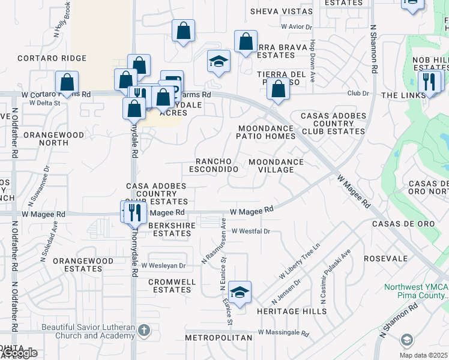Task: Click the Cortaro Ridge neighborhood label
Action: (52, 58)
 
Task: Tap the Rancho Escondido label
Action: (214, 166)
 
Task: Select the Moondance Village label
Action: (276, 166)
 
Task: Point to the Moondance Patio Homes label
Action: (267, 132)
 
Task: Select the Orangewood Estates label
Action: (83, 265)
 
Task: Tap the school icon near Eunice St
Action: (240, 292)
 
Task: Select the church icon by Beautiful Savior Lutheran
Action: (144, 330)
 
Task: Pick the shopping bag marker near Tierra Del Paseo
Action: (278, 89)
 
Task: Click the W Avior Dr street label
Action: (297, 27)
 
